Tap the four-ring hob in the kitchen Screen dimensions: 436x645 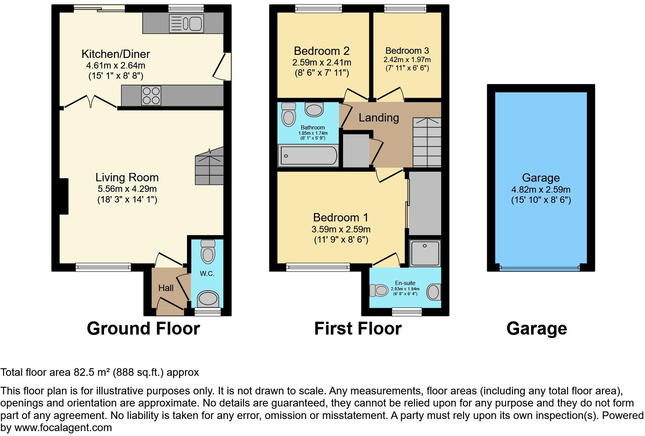(151, 95)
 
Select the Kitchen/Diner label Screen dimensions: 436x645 (116, 54)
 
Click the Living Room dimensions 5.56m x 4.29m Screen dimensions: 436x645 (127, 189)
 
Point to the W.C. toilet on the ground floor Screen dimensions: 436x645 (208, 251)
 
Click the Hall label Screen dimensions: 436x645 (166, 288)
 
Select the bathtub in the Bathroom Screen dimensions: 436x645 (308, 156)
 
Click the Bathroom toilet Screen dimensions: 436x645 (289, 114)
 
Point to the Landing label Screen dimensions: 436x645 (379, 118)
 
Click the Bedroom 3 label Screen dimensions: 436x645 (407, 51)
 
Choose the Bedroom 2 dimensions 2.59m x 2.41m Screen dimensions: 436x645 (321, 62)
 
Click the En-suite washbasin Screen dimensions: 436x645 (434, 292)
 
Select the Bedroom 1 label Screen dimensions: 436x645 (340, 218)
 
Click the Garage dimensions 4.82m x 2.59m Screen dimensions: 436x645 (541, 190)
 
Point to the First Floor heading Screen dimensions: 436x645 (358, 329)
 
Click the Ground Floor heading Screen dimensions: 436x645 (143, 329)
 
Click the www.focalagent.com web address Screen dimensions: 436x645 (63, 428)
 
